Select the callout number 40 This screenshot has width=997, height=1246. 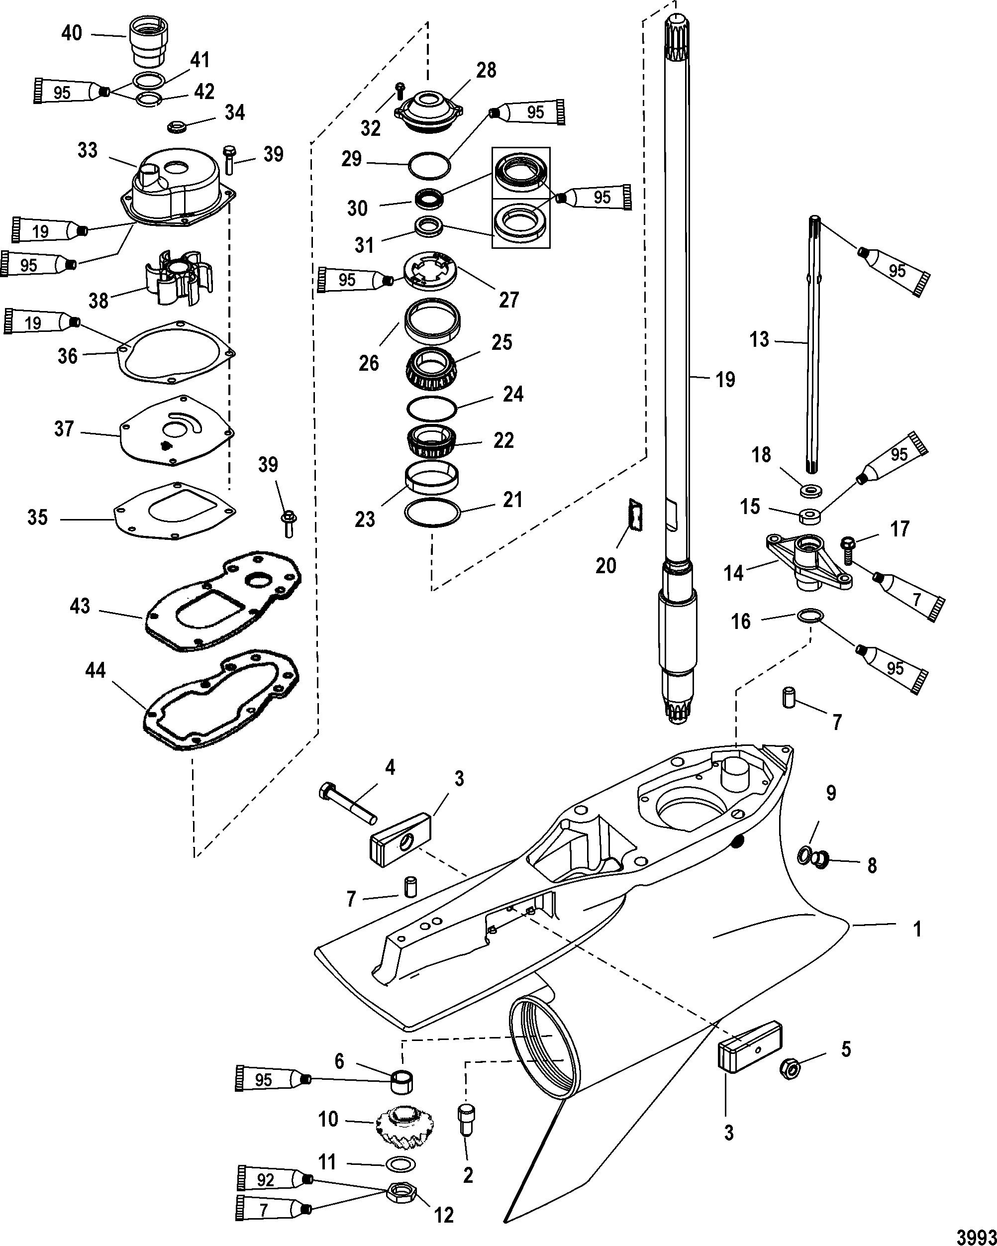tap(72, 33)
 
